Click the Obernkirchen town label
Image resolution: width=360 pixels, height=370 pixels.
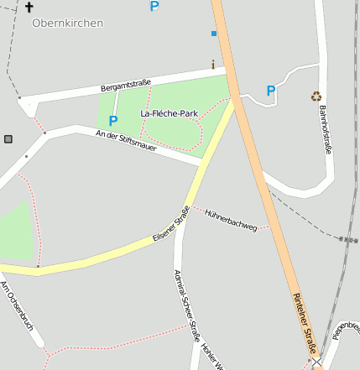point(67,23)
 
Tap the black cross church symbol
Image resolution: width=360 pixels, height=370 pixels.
point(29,7)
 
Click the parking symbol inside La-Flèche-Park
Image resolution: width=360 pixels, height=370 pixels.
point(113,120)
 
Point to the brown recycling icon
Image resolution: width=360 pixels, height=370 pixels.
point(316,96)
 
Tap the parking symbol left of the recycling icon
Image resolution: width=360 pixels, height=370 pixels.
point(270,91)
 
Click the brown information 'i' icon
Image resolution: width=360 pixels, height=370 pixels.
point(213,65)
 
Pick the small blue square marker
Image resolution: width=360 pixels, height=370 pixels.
point(214,34)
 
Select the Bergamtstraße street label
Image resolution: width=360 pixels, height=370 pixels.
point(125,85)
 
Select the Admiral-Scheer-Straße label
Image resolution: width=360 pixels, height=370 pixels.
point(186,302)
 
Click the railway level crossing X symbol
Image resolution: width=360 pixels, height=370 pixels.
point(316,363)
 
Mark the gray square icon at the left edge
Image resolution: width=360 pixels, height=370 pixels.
point(8,138)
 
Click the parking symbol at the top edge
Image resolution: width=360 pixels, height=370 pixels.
point(154,6)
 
